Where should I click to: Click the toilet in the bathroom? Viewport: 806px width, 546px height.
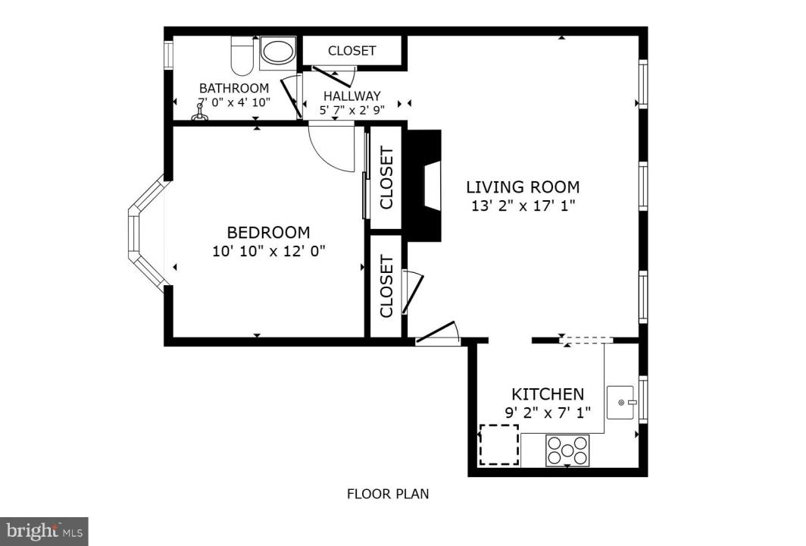pyautogui.click(x=242, y=56)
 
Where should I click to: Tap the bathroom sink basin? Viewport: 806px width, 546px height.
pyautogui.click(x=278, y=52)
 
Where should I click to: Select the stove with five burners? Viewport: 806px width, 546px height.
pyautogui.click(x=567, y=450)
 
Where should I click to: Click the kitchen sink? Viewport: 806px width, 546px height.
pyautogui.click(x=620, y=402)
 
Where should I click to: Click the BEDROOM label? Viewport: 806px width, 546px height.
pyautogui.click(x=268, y=233)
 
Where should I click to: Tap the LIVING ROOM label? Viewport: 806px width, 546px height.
pyautogui.click(x=523, y=187)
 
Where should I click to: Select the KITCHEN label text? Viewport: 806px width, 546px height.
pyautogui.click(x=548, y=394)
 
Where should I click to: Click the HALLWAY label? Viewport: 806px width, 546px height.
pyautogui.click(x=352, y=96)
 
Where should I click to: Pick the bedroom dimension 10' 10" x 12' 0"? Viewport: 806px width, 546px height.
pyautogui.click(x=269, y=251)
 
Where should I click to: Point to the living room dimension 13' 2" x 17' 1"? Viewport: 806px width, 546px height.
pyautogui.click(x=523, y=206)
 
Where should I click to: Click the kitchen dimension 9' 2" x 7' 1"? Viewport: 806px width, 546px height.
pyautogui.click(x=548, y=413)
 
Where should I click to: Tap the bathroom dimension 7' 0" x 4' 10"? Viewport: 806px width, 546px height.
pyautogui.click(x=234, y=102)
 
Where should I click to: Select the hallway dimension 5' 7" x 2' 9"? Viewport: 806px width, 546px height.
pyautogui.click(x=352, y=110)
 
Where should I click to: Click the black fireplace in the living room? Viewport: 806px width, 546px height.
pyautogui.click(x=424, y=185)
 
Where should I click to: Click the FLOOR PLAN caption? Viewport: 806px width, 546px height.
pyautogui.click(x=388, y=494)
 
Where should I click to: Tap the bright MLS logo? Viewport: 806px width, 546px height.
pyautogui.click(x=44, y=531)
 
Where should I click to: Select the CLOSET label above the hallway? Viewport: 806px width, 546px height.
pyautogui.click(x=352, y=51)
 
